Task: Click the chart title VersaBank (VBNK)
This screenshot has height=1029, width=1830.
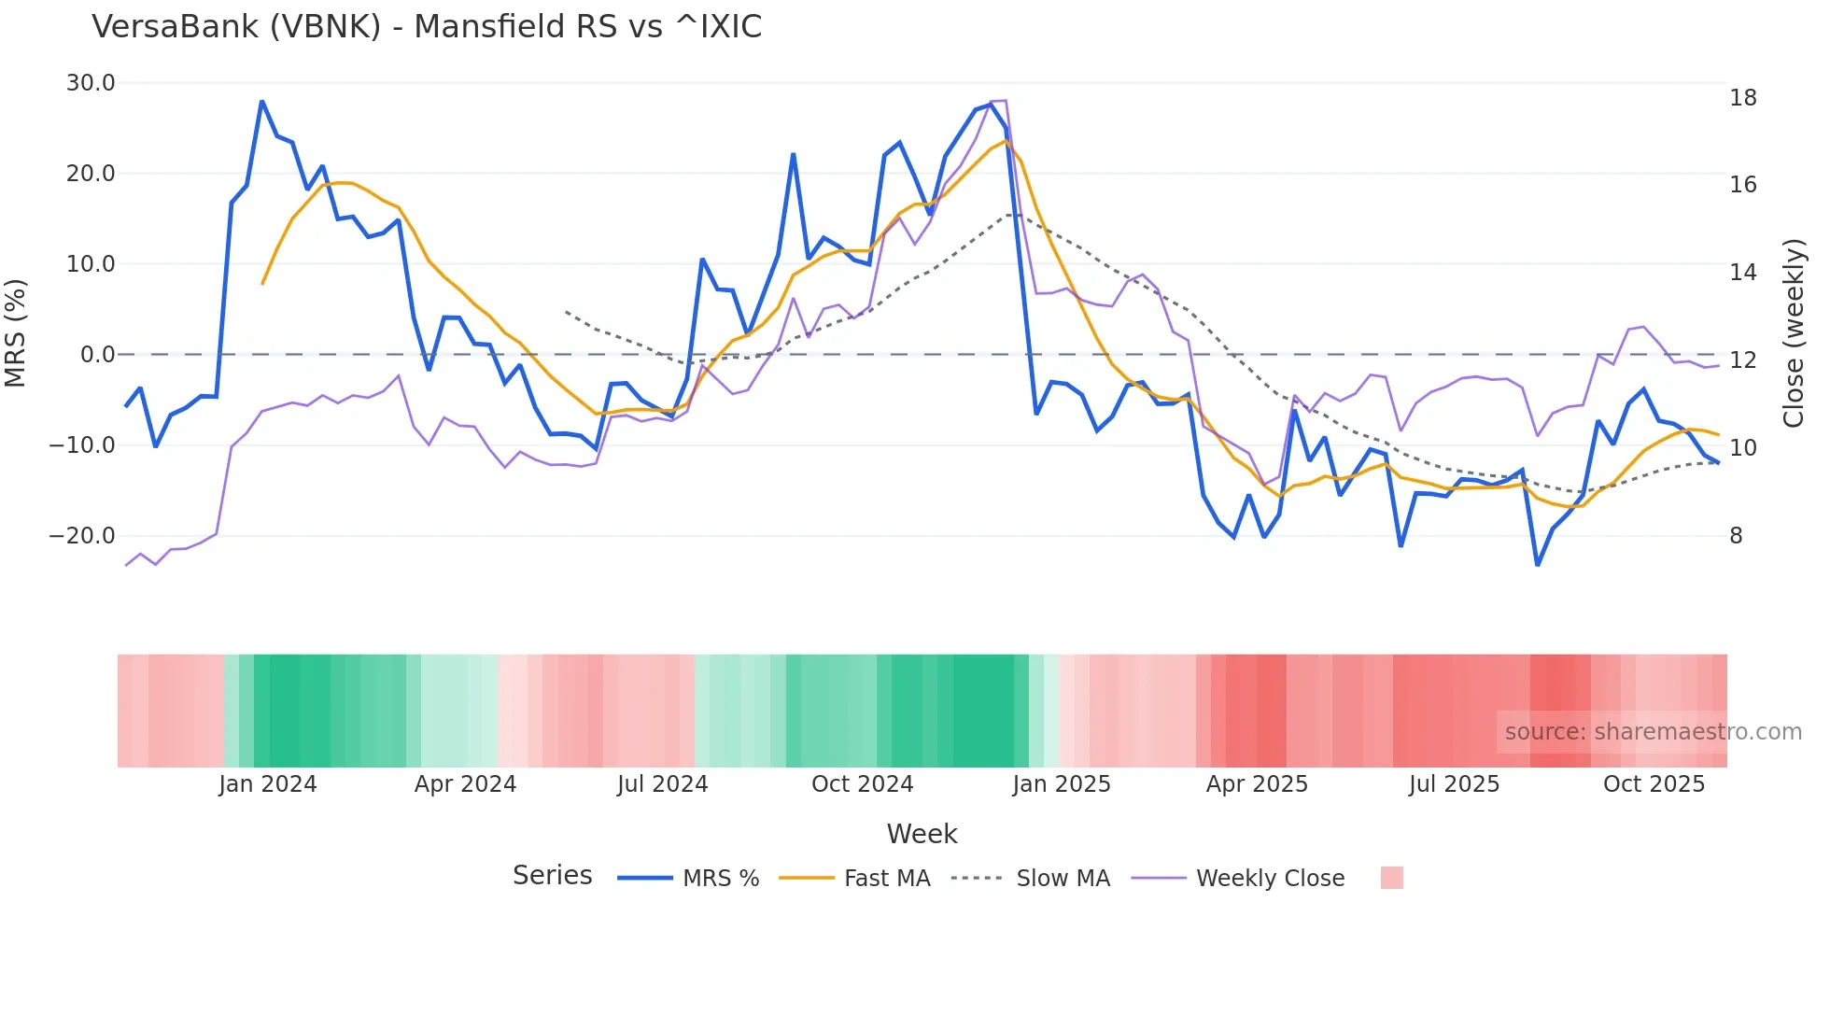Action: [426, 27]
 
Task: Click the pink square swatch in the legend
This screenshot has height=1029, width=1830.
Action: [1391, 878]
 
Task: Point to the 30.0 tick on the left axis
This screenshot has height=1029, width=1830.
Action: [91, 83]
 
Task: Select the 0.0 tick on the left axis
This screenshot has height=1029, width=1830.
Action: [98, 355]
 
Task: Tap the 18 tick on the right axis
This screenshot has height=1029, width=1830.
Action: [1742, 98]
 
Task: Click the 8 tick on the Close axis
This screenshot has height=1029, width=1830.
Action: [1736, 536]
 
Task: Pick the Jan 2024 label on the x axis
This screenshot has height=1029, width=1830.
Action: [268, 784]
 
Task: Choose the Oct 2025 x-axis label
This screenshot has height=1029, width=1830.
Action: [1654, 784]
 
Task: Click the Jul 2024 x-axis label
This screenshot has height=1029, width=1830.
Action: [662, 784]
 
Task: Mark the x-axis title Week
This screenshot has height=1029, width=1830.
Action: [922, 834]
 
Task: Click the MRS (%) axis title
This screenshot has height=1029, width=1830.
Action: [16, 332]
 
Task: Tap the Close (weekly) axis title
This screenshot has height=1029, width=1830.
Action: [1794, 333]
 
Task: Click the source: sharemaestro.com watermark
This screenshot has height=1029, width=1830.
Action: [1653, 732]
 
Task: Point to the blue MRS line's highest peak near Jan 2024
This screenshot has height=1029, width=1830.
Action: [262, 101]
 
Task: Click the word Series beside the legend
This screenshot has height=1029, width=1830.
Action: [552, 876]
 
